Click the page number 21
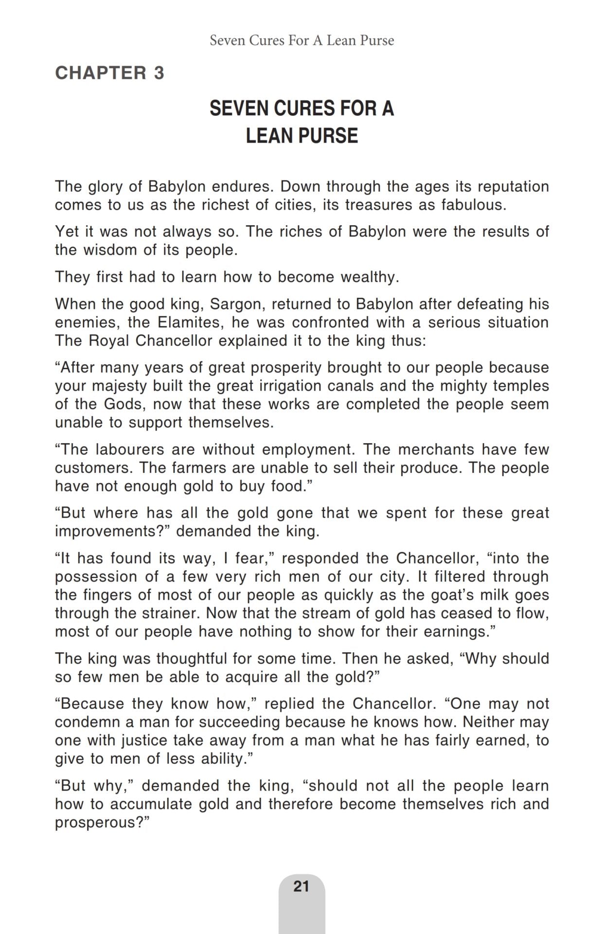click(x=302, y=886)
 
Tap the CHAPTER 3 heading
click(x=110, y=73)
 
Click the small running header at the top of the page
click(x=302, y=40)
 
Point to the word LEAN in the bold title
click(x=271, y=136)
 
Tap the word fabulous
click(x=473, y=205)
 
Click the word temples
click(x=521, y=386)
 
